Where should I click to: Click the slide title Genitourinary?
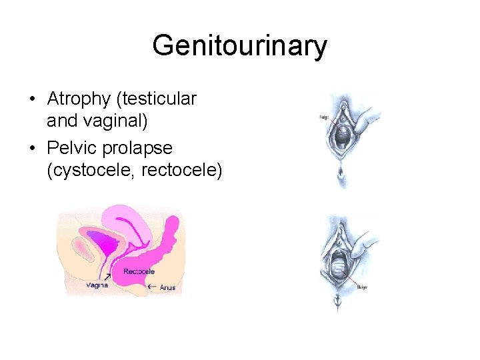point(239,46)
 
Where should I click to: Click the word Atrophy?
point(79,99)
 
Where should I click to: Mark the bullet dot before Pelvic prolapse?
point(32,148)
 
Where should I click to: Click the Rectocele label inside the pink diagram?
point(139,271)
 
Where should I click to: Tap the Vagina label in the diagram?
point(96,285)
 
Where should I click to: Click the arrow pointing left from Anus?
point(151,287)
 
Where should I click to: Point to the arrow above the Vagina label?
point(107,275)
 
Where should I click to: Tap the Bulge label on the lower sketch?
point(362,287)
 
